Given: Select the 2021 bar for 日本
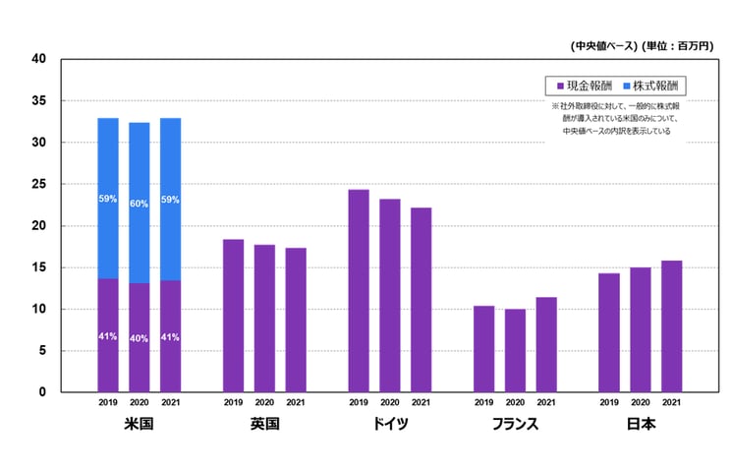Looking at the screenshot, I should pyautogui.click(x=672, y=326).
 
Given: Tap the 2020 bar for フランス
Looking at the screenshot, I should pyautogui.click(x=515, y=351).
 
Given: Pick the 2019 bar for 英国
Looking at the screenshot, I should pyautogui.click(x=233, y=316).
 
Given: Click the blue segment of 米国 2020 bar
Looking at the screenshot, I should pyautogui.click(x=140, y=203).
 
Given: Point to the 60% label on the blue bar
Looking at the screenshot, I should pyautogui.click(x=140, y=204).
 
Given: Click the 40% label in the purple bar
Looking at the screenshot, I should pyautogui.click(x=140, y=339).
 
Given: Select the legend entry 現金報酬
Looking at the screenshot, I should pyautogui.click(x=585, y=86).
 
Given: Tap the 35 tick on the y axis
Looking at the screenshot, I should pyautogui.click(x=39, y=101).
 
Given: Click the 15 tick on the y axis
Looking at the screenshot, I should pyautogui.click(x=39, y=267).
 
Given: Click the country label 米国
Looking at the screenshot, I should pyautogui.click(x=140, y=425).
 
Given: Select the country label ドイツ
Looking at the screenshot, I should pyautogui.click(x=390, y=425).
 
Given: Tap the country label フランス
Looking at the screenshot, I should pyautogui.click(x=515, y=425).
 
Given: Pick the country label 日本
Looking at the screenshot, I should pyautogui.click(x=641, y=425).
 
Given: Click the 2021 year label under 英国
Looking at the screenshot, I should pyautogui.click(x=296, y=402).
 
